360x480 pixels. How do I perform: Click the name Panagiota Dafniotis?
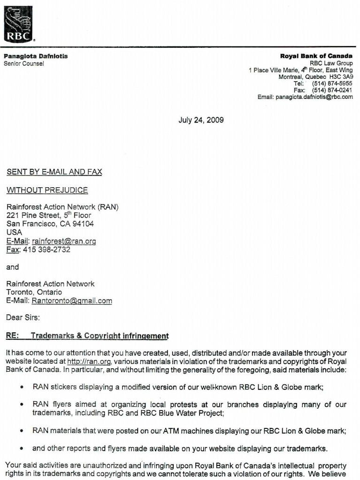pyautogui.click(x=36, y=56)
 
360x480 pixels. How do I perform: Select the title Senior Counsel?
pyautogui.click(x=24, y=64)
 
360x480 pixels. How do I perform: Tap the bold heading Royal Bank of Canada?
pyautogui.click(x=316, y=56)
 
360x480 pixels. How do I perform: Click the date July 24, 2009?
pyautogui.click(x=201, y=120)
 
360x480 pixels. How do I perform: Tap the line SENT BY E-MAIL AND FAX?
pyautogui.click(x=54, y=172)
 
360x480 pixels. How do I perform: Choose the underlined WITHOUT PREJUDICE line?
pyautogui.click(x=47, y=190)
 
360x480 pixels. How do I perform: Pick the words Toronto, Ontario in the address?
pyautogui.click(x=34, y=292)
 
